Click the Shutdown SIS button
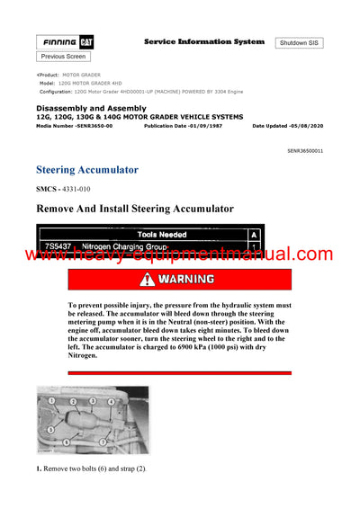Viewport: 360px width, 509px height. click(300, 43)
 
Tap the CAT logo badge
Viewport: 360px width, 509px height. click(87, 42)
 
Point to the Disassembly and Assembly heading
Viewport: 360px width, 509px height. click(88, 109)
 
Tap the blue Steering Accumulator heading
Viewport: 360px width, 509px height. click(87, 169)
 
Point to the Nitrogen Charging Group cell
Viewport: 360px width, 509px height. click(121, 246)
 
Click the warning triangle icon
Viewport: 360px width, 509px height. click(148, 279)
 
